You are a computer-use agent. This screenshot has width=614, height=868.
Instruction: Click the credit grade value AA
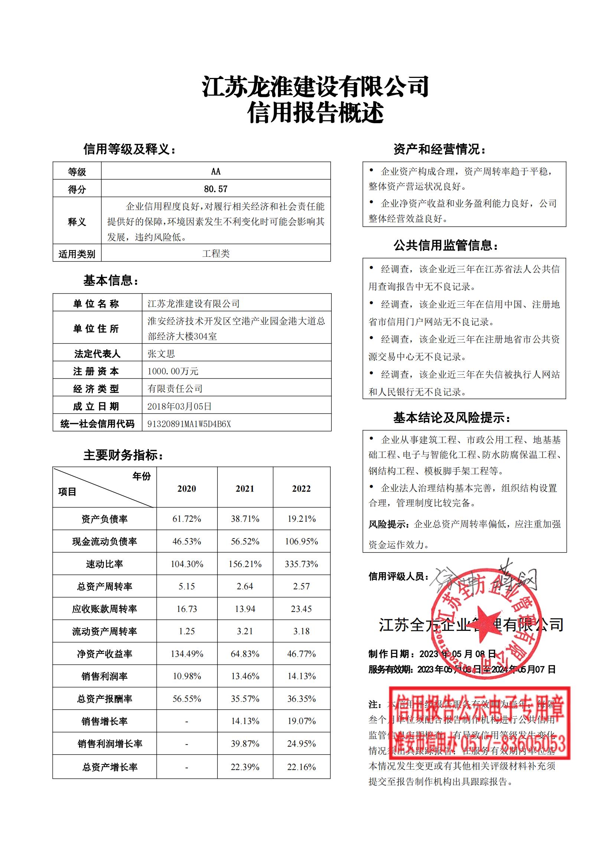click(x=216, y=171)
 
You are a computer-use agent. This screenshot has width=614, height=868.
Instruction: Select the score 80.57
click(x=216, y=189)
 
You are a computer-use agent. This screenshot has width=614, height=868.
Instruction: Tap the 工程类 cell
click(x=216, y=253)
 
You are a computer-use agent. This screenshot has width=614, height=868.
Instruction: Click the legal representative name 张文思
click(x=161, y=354)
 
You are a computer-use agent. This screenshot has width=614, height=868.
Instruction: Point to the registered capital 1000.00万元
click(x=173, y=371)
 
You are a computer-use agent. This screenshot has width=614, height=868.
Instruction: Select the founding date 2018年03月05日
click(x=180, y=406)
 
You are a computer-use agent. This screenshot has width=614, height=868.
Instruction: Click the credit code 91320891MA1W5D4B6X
click(x=189, y=424)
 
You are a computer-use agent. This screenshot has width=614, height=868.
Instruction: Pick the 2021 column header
click(x=245, y=488)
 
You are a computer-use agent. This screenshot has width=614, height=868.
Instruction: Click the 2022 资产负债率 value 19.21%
click(x=301, y=519)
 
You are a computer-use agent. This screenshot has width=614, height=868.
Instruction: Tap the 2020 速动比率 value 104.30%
click(x=187, y=564)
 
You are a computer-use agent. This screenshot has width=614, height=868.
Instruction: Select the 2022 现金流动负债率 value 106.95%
click(x=301, y=541)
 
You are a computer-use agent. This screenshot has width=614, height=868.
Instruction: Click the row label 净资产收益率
click(x=104, y=654)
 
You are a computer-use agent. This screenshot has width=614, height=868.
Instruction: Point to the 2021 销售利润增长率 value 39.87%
click(x=245, y=744)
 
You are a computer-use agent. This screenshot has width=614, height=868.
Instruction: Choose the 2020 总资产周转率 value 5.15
click(x=187, y=586)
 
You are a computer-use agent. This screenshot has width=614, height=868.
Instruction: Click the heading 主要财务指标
click(x=123, y=455)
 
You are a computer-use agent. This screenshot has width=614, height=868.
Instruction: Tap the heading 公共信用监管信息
click(x=446, y=246)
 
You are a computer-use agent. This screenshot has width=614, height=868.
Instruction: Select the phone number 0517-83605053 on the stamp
click(x=514, y=745)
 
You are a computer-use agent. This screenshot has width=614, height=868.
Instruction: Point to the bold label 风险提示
click(x=388, y=524)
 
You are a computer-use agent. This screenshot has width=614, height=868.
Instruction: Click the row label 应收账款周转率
click(x=104, y=609)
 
